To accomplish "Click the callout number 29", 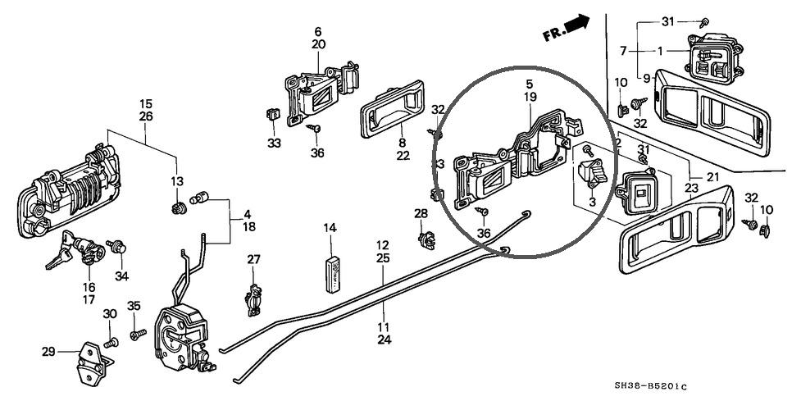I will click(x=49, y=351).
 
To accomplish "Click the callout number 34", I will click(x=122, y=275).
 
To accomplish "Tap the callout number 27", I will click(x=254, y=260).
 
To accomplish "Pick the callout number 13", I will click(x=177, y=180).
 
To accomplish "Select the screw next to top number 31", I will click(x=704, y=23).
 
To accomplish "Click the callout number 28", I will click(x=421, y=214).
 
